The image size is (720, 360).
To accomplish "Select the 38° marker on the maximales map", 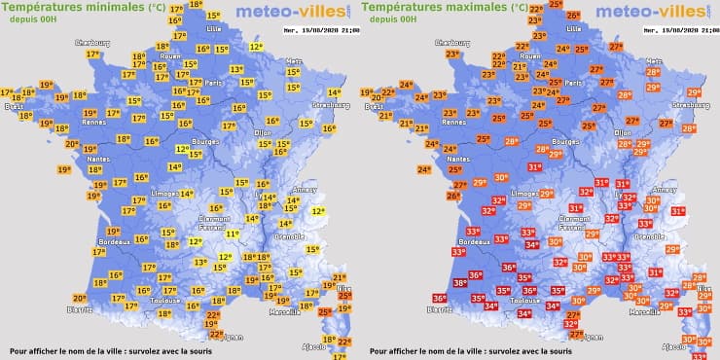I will pyautogui.click(x=459, y=283).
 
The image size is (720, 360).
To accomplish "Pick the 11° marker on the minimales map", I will pyautogui.click(x=232, y=234).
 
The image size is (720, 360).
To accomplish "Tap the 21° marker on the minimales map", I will pyautogui.click(x=340, y=278).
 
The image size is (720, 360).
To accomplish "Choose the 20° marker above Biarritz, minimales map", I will pyautogui.click(x=83, y=297).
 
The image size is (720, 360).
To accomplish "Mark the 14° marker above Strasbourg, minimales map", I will pyautogui.click(x=335, y=93).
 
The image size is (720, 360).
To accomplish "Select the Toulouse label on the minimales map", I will pyautogui.click(x=151, y=302).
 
